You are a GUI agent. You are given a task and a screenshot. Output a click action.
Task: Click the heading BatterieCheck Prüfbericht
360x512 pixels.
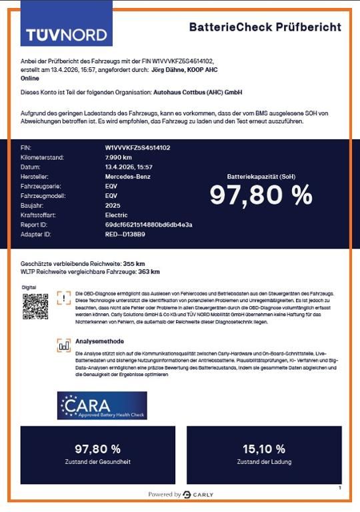pos(265,27)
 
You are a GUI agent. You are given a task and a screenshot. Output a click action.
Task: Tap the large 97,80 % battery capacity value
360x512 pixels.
pos(261,195)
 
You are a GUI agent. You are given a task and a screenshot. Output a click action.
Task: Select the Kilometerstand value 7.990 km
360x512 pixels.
pos(119,157)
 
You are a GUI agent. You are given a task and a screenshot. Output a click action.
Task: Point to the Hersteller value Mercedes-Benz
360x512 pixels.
pos(128,177)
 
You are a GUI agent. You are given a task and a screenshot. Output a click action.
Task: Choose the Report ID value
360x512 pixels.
pos(149,225)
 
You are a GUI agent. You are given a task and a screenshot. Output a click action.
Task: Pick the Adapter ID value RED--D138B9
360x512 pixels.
pos(125,235)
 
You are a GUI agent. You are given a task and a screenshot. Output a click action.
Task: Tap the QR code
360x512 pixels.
pos(36,306)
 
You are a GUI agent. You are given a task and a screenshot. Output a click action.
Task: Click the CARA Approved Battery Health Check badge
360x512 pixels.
pos(102,405)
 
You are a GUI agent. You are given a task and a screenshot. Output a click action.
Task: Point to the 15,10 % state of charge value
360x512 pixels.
pos(264,449)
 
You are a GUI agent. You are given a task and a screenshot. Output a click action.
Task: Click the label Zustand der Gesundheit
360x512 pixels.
pos(98,461)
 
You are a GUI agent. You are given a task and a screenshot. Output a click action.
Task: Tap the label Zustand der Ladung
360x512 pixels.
pos(264,461)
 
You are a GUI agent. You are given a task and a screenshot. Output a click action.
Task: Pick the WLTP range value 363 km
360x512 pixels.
pos(149,272)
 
